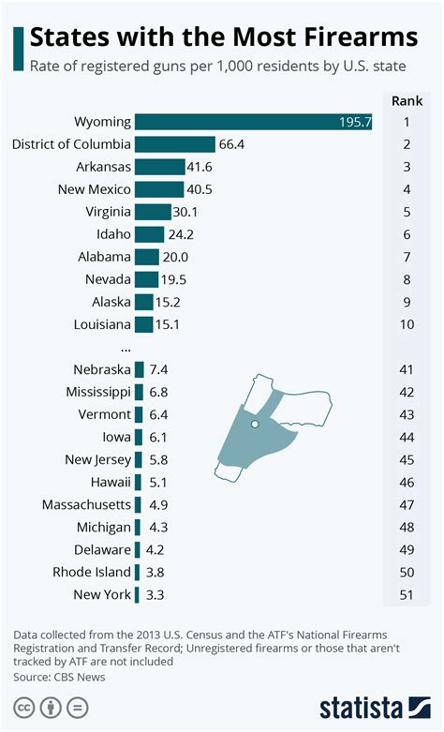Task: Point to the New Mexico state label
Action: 93,189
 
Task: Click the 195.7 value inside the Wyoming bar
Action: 355,123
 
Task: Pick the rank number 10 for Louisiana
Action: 407,324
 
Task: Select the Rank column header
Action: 407,100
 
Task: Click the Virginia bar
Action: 153,212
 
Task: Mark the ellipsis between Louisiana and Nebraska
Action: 126,347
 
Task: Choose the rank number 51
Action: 407,595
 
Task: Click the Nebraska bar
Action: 139,369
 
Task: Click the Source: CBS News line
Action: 60,677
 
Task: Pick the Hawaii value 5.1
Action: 159,483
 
